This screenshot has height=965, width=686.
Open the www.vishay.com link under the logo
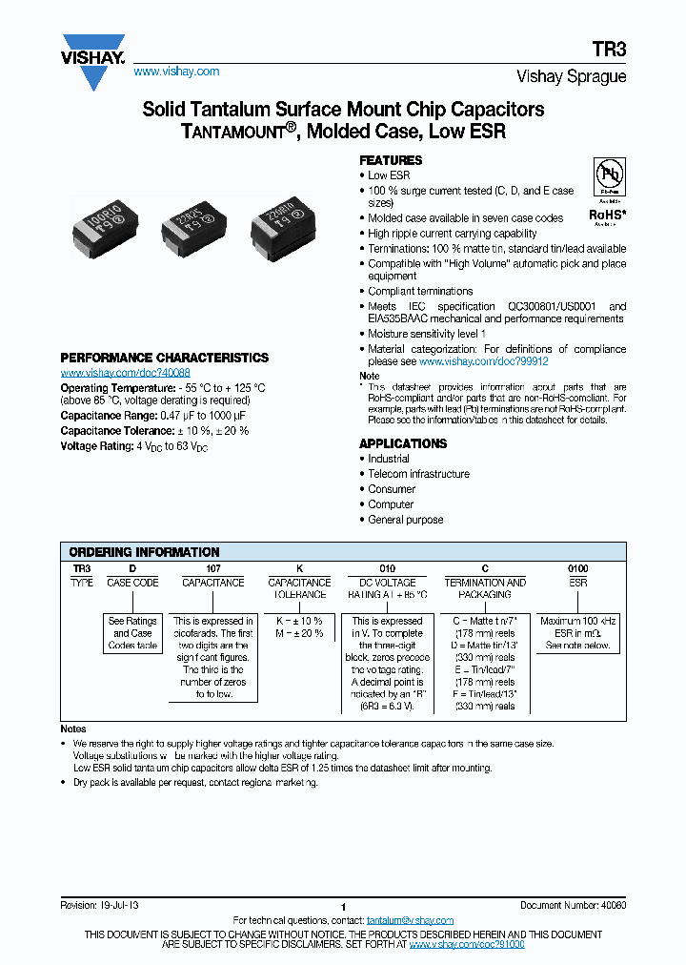[176, 72]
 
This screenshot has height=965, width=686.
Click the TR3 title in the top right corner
[612, 53]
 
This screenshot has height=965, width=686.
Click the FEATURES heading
[391, 160]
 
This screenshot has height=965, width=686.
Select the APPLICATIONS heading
[402, 443]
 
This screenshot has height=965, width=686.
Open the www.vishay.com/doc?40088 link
[125, 373]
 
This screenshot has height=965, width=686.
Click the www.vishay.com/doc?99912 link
[483, 362]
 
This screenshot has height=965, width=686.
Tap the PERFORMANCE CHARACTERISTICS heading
[164, 358]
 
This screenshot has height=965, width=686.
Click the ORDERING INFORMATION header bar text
[145, 552]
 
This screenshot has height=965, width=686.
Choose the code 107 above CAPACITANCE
[212, 568]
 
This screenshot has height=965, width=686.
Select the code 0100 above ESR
[577, 568]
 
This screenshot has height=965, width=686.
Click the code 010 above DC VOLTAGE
[387, 568]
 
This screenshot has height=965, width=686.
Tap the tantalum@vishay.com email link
[410, 920]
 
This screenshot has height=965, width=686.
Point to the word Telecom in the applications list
[387, 474]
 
